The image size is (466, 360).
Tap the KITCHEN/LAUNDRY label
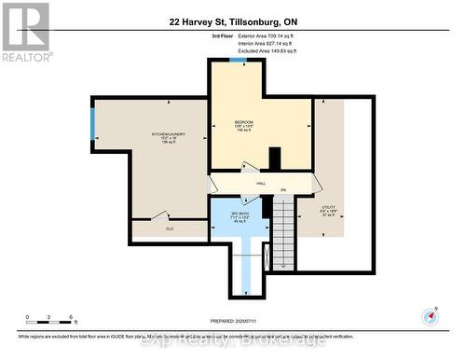169,134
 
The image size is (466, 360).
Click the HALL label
249,184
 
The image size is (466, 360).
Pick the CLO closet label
170,228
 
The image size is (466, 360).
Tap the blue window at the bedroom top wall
239,61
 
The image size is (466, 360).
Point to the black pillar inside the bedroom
274,159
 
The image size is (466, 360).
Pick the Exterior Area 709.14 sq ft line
265,35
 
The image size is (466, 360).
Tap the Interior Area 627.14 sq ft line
265,43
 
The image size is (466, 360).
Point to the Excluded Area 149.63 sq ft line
265,50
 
